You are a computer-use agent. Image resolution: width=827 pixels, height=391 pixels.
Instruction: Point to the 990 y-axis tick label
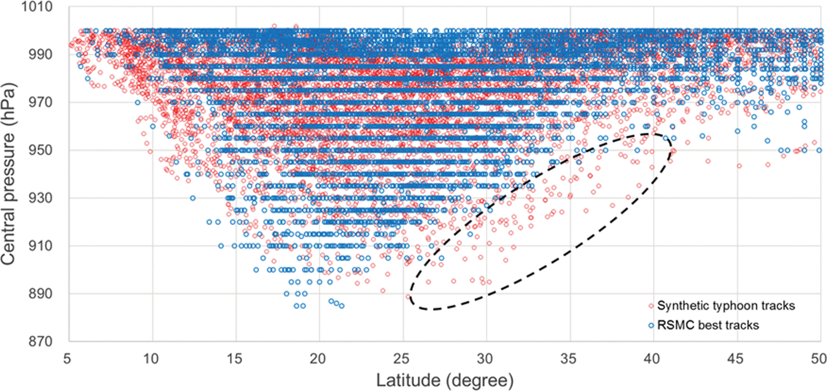(40, 55)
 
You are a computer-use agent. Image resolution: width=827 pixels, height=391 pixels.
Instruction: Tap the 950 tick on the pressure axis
(40, 150)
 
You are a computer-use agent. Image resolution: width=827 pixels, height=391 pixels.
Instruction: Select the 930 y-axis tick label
(40, 198)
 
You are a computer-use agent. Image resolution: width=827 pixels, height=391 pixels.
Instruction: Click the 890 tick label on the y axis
(40, 293)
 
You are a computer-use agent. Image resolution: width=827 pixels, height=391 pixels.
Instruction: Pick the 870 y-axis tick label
(40, 341)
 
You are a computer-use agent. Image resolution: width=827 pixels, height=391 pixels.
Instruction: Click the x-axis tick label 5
(67, 358)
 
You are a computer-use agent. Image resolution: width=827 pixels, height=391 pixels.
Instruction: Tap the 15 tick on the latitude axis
(235, 358)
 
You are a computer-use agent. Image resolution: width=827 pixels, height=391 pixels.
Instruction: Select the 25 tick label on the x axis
(402, 358)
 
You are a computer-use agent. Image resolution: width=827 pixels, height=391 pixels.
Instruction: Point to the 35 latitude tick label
(569, 358)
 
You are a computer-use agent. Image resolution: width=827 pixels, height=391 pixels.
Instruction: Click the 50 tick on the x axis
(818, 358)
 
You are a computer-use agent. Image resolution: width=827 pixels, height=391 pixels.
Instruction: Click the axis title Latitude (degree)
(445, 381)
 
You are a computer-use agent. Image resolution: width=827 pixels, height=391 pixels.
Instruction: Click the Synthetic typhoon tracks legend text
(726, 306)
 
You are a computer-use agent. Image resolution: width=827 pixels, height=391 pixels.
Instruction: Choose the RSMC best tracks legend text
(708, 325)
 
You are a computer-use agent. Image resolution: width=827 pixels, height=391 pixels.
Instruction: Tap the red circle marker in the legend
(651, 306)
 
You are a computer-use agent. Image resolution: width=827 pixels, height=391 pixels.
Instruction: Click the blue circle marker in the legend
(651, 326)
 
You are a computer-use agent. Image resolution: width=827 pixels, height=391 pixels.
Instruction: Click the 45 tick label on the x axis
(736, 358)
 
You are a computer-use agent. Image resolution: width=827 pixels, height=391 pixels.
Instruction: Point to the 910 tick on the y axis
(40, 246)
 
